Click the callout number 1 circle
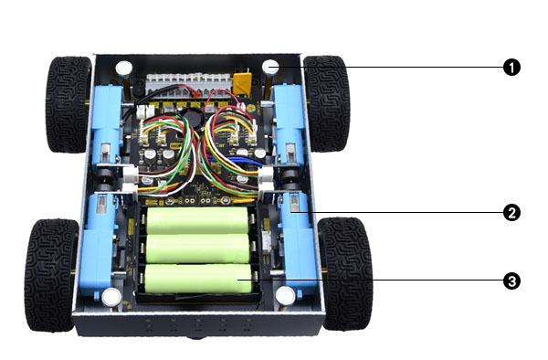(x=511, y=67)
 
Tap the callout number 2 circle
(x=511, y=213)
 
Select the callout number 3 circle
(x=511, y=281)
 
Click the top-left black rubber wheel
(x=68, y=104)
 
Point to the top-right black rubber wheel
(x=326, y=103)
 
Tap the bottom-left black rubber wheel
(x=51, y=275)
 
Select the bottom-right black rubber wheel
(x=345, y=273)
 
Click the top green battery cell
(x=197, y=220)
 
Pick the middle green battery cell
(x=197, y=249)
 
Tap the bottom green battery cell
(x=198, y=278)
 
